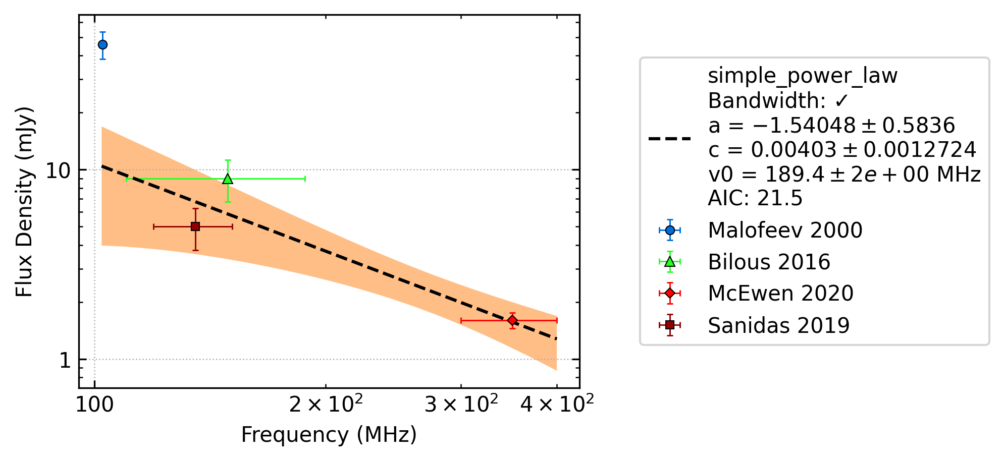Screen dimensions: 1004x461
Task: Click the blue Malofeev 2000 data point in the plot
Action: coord(102,44)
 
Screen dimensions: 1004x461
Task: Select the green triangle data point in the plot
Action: coord(228,179)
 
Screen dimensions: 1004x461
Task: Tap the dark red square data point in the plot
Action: coord(195,226)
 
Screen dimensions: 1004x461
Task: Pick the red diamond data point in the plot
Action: coord(512,320)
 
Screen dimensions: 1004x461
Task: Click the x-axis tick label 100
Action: coord(94,404)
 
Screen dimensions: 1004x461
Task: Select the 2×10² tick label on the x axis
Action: coord(326,403)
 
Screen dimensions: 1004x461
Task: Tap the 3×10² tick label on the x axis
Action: coord(461,403)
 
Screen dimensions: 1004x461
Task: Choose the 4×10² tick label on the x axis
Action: coord(557,403)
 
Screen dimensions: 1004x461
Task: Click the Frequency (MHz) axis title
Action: coord(329,435)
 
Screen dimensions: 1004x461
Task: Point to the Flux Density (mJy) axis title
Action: coord(24,202)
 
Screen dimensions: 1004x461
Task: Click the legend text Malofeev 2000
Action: coord(785,230)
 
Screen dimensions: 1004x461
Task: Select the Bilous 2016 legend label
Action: coord(769,262)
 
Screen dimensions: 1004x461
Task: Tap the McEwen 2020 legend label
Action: coord(780,293)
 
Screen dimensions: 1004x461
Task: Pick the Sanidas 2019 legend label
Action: coord(778,325)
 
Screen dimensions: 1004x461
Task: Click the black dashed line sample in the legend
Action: coord(670,138)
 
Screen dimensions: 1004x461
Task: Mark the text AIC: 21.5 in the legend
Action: coord(755,198)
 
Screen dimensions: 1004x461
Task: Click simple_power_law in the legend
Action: coord(803,76)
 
